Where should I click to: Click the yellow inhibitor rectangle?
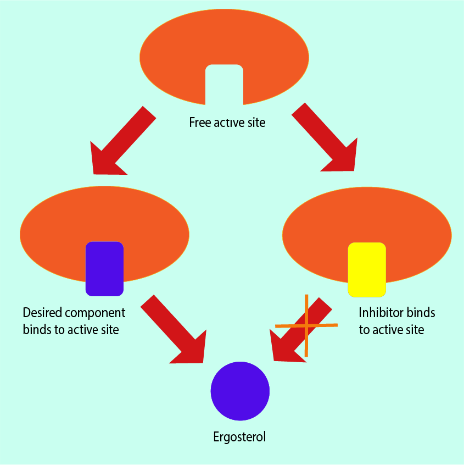[367, 268]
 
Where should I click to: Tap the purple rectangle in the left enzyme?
[104, 268]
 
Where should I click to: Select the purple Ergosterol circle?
[240, 391]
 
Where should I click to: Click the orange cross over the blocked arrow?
[306, 325]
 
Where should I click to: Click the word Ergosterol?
[239, 438]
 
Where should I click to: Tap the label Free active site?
[227, 122]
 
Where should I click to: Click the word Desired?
[42, 313]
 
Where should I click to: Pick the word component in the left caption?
[96, 313]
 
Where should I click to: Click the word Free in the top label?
[199, 122]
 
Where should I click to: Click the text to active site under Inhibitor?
[392, 330]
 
